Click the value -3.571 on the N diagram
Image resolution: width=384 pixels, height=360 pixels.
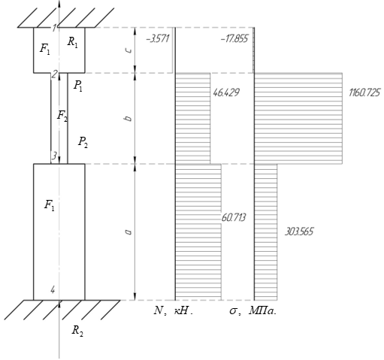point(158,39)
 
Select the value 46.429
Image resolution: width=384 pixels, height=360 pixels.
point(226,92)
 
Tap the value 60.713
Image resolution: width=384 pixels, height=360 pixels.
point(234,217)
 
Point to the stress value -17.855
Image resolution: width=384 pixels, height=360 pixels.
point(234,39)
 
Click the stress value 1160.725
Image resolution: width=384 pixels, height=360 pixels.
point(364,92)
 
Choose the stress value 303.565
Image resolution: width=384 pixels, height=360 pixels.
point(299,231)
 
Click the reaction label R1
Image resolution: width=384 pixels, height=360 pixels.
point(72,42)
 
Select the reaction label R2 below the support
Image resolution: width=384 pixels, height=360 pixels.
point(77,331)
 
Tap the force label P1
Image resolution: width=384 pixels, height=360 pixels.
point(78,86)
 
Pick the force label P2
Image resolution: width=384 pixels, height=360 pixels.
point(83,142)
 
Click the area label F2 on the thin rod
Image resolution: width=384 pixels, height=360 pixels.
point(62,116)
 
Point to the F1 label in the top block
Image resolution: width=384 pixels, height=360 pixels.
point(45,49)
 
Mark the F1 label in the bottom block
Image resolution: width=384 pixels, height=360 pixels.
point(50,205)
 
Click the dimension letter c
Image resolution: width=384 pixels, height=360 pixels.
point(129,50)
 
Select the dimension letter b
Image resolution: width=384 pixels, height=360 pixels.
point(129,118)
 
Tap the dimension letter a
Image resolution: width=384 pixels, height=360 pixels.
point(129,232)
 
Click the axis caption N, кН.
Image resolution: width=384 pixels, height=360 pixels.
point(174,311)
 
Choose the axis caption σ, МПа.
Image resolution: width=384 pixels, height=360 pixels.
point(252,311)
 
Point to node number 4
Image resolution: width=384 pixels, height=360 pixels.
point(53,290)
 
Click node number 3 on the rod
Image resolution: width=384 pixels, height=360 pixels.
point(54,156)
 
